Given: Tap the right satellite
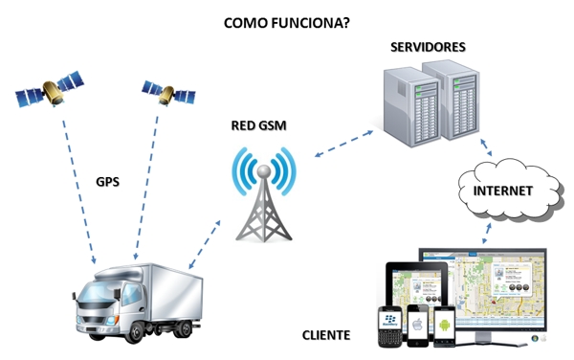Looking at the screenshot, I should (x=168, y=91).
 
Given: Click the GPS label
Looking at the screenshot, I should (x=108, y=181).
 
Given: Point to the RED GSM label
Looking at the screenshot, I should (x=258, y=125).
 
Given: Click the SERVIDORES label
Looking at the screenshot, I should (x=428, y=46).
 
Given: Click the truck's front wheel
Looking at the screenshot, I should (x=135, y=330).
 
